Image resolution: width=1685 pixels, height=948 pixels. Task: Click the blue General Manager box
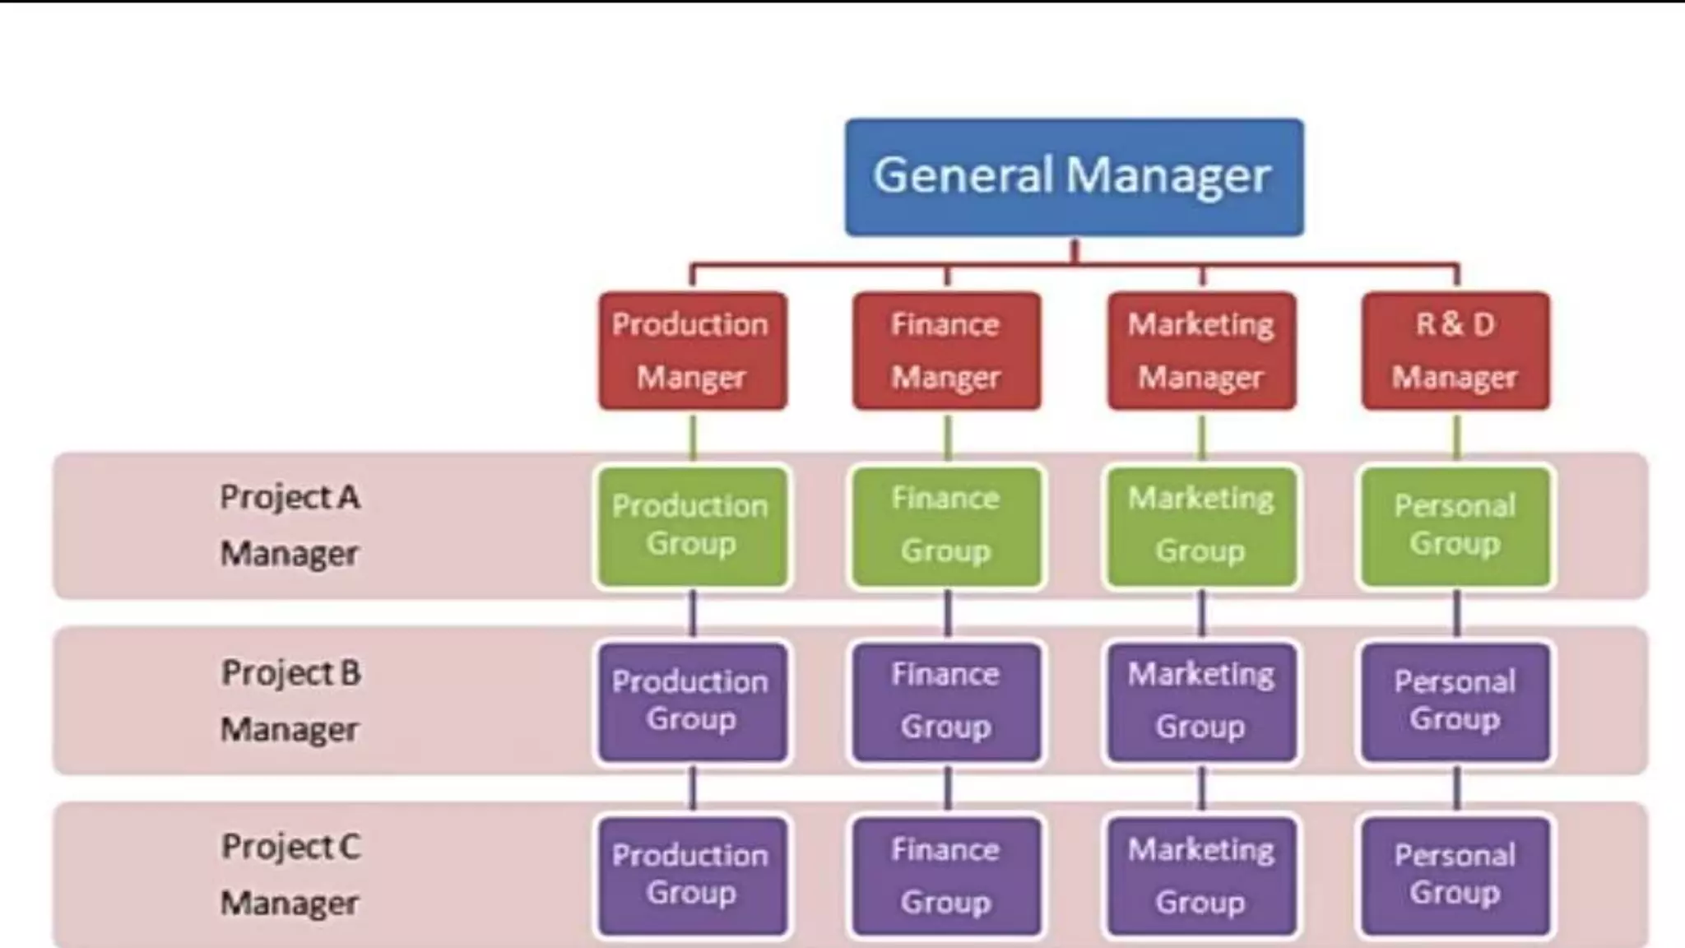point(1074,177)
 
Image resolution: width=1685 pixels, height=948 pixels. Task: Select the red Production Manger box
point(692,351)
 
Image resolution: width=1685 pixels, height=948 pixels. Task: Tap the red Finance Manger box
point(946,351)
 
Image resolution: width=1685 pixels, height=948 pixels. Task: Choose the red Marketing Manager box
point(1201,351)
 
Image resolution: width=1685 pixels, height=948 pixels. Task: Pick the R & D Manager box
point(1455,351)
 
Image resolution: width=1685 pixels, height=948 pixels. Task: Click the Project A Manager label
point(290,525)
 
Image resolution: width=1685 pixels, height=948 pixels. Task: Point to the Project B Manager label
point(290,701)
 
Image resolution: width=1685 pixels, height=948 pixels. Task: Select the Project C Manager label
point(290,875)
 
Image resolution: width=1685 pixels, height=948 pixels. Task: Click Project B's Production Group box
point(692,702)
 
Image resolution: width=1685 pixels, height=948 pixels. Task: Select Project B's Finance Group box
point(946,702)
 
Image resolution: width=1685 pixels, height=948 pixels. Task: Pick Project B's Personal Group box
point(1455,702)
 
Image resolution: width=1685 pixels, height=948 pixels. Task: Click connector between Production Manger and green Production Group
point(693,437)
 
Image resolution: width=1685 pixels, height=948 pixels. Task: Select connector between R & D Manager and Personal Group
point(1457,437)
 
